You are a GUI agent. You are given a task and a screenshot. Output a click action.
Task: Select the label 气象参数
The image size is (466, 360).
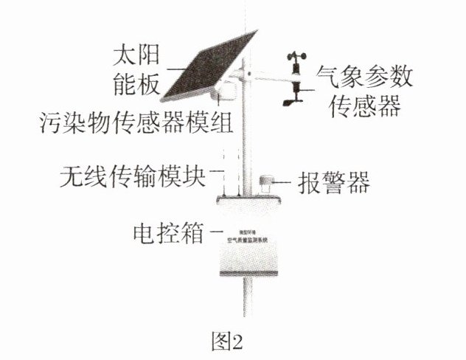coord(364,77)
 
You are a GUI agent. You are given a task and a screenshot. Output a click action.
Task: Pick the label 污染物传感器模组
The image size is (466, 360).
coord(136,122)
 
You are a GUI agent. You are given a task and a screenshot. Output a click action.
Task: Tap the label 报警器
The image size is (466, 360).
coord(335,181)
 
